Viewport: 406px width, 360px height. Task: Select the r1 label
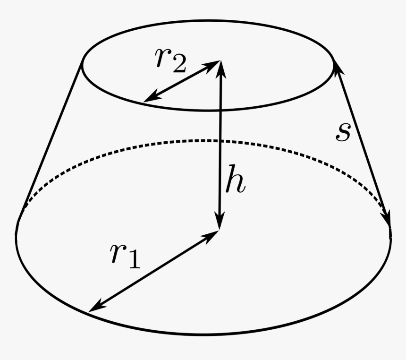pyautogui.click(x=125, y=255)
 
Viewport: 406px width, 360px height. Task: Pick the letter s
pyautogui.click(x=343, y=133)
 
